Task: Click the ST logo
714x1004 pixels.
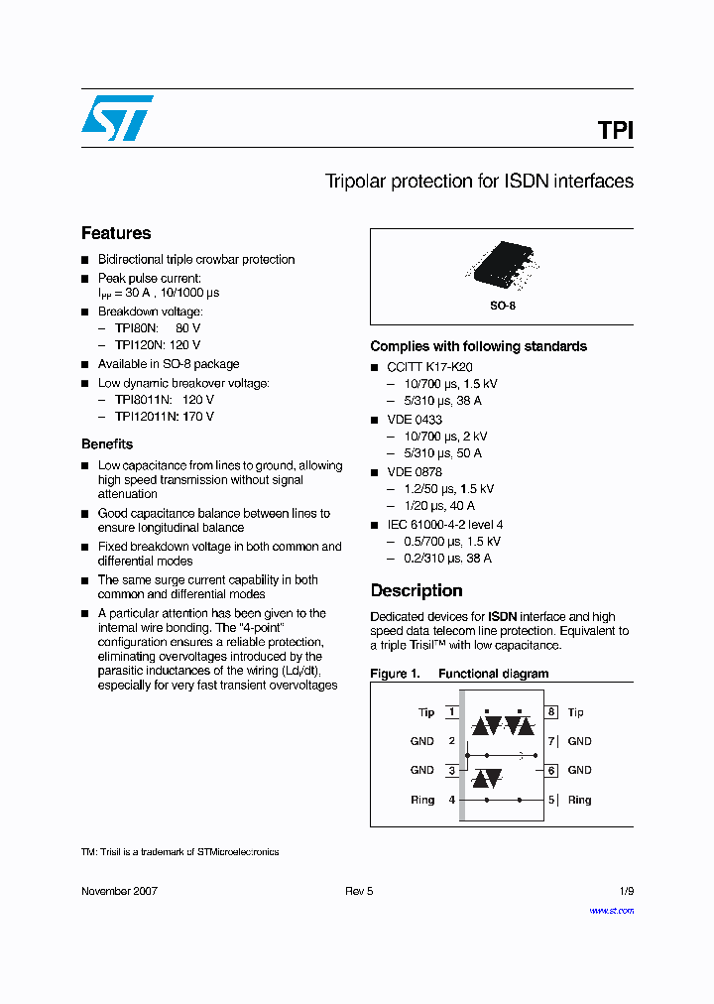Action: [x=117, y=117]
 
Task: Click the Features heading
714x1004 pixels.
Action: [x=116, y=233]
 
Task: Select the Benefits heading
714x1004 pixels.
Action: [x=107, y=444]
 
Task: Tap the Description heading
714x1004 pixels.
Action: [x=416, y=590]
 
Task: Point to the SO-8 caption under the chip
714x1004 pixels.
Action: [x=503, y=306]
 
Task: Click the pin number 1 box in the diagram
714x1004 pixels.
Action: [x=452, y=712]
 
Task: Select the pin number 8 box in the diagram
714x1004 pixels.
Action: [x=551, y=712]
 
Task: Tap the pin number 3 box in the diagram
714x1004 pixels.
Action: [x=452, y=771]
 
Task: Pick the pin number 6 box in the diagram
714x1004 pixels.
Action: [x=551, y=771]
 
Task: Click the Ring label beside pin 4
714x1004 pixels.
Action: [x=422, y=800]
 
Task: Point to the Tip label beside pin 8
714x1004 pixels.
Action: [x=576, y=712]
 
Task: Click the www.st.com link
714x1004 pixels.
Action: [x=611, y=910]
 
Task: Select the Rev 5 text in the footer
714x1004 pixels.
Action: [x=359, y=891]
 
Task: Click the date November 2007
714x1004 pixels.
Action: [x=119, y=891]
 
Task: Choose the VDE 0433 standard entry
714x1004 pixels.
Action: [x=415, y=420]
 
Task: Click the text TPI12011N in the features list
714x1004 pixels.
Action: [x=145, y=417]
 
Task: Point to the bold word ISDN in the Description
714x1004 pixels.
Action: [x=503, y=617]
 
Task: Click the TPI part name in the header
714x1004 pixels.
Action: [x=615, y=130]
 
